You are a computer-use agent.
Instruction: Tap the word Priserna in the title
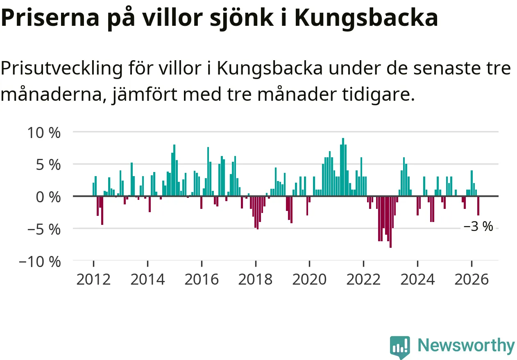[50, 18]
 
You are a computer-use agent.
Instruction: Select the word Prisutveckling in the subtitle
[61, 69]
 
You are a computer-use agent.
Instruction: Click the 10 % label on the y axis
[44, 133]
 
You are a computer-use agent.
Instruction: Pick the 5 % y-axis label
[48, 165]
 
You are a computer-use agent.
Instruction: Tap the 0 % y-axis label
[48, 197]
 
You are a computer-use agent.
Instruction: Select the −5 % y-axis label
[44, 230]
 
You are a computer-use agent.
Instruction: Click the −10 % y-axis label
[40, 262]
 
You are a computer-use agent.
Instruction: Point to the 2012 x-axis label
[93, 279]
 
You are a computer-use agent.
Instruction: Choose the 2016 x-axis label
[202, 279]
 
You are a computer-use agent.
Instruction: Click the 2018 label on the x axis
[256, 279]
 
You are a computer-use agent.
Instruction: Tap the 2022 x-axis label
[363, 279]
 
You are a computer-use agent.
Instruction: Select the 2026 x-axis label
[472, 279]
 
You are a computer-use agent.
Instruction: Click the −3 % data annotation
[478, 226]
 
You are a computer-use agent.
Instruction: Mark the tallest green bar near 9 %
[343, 167]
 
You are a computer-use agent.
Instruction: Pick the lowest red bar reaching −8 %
[390, 222]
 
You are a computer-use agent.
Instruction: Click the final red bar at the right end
[478, 206]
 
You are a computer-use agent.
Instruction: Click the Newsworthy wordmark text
[466, 346]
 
